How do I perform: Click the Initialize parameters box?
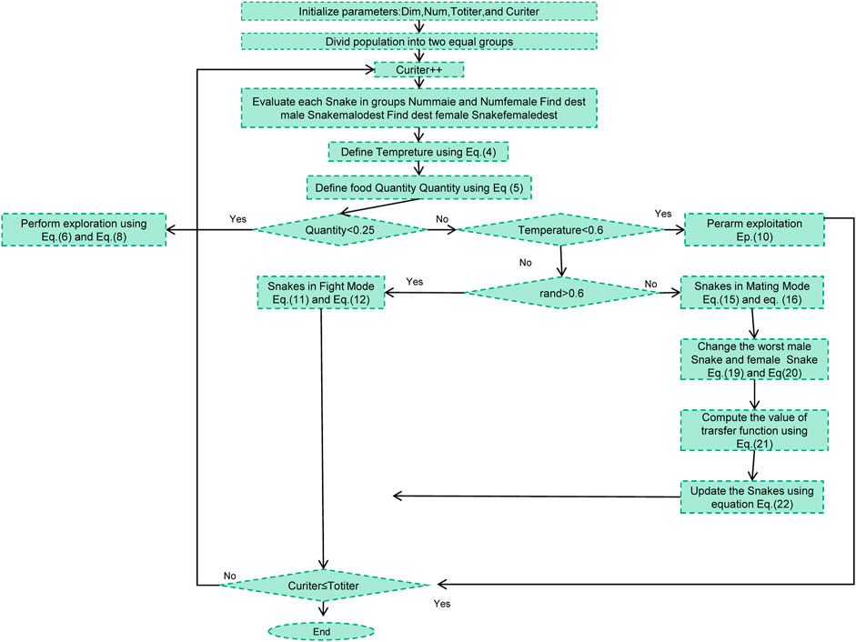[x=418, y=12]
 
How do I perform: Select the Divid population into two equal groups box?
[x=418, y=41]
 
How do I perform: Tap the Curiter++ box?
[x=418, y=70]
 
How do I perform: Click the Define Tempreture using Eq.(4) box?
[x=418, y=151]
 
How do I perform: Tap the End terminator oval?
[x=321, y=630]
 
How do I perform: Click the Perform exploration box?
[x=84, y=230]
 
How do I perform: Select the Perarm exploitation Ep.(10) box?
[x=753, y=230]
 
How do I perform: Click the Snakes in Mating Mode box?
[x=753, y=291]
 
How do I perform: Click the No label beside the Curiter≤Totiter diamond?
[x=230, y=575]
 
